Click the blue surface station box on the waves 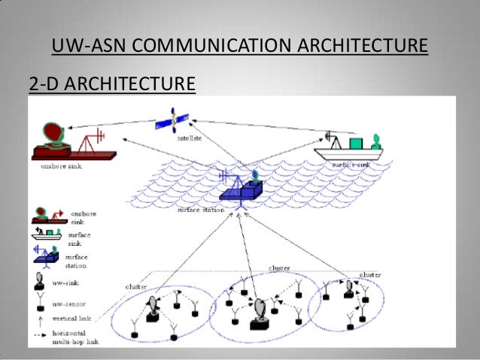pos(242,193)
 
